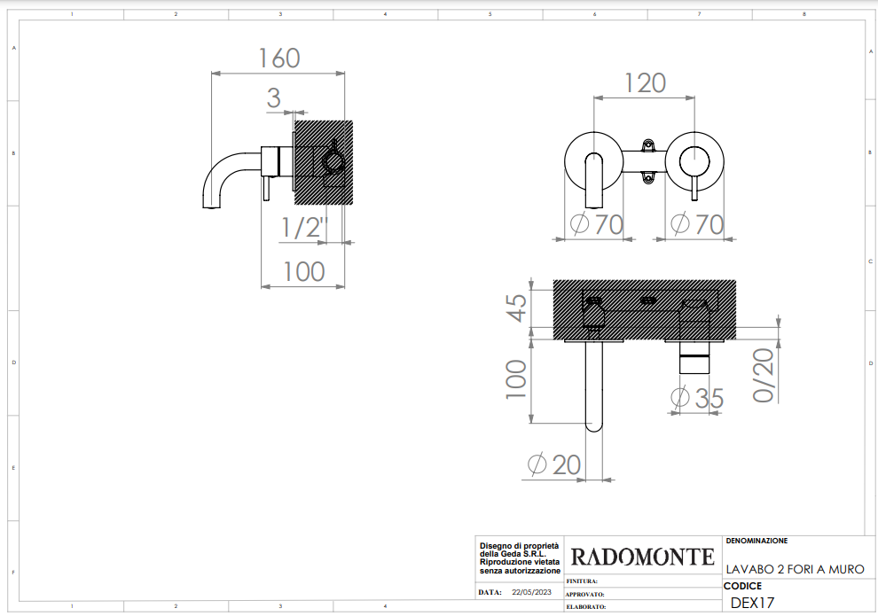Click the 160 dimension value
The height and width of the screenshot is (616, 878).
(x=278, y=58)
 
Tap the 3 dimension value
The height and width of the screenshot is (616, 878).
(x=273, y=97)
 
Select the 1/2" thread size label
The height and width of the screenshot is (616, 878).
(x=303, y=228)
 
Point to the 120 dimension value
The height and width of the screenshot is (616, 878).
(x=645, y=83)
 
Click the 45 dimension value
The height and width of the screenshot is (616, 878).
(x=517, y=308)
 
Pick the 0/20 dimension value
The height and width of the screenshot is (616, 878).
(x=764, y=375)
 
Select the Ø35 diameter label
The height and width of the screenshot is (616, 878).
(x=697, y=398)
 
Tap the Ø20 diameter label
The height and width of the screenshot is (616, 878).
(x=553, y=464)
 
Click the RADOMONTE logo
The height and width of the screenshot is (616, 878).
(x=642, y=557)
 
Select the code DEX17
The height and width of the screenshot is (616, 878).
(x=752, y=603)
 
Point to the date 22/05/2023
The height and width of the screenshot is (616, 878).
(x=531, y=592)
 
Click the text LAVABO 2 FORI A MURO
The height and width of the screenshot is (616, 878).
(x=796, y=569)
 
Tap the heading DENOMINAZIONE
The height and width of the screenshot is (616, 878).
(x=756, y=541)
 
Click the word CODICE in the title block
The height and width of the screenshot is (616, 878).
(x=742, y=586)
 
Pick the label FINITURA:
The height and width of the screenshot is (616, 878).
(x=581, y=581)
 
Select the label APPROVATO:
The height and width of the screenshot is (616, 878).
(x=584, y=595)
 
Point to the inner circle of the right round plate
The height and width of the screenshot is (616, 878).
(x=694, y=162)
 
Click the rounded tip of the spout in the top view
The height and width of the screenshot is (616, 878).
(x=593, y=426)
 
